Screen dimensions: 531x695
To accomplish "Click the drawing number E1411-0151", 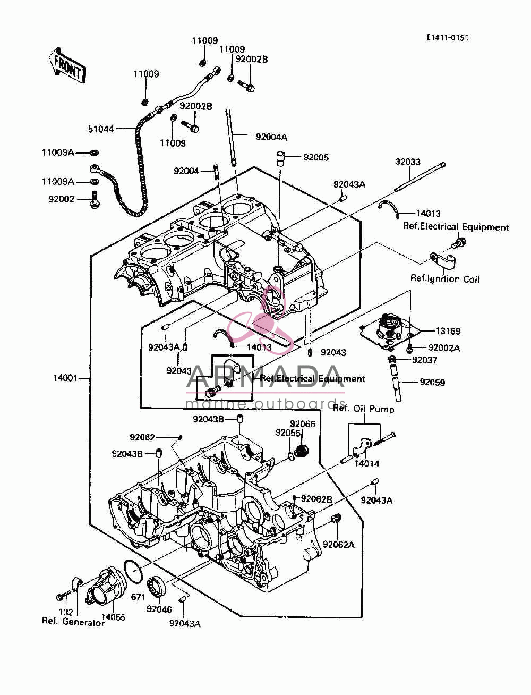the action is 448,38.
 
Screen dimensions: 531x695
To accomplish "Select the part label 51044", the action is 101,129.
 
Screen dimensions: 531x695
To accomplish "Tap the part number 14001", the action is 65,378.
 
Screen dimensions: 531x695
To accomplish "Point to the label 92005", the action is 316,157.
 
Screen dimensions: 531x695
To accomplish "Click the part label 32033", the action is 408,162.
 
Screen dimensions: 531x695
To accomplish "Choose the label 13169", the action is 448,331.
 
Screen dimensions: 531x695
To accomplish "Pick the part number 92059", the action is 432,382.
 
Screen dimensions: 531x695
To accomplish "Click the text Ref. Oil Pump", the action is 364,409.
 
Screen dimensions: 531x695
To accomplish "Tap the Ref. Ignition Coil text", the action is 444,279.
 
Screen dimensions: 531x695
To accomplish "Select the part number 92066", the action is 303,424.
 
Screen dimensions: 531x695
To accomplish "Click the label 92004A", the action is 271,137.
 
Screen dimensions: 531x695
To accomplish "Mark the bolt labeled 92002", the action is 94,199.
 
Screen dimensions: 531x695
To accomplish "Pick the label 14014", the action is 366,463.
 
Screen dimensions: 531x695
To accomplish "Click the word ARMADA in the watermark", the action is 265,377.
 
